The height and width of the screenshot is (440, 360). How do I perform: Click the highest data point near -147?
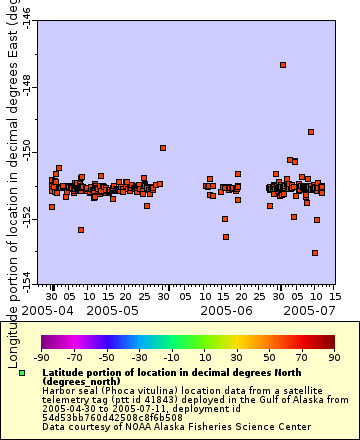point(283,65)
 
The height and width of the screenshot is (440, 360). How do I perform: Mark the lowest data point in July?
point(315,253)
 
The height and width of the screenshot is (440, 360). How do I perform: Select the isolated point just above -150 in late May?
point(163,148)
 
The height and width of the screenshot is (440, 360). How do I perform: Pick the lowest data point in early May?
point(81,230)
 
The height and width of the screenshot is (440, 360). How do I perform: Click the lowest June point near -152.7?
point(226,237)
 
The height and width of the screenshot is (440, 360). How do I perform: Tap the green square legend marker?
point(22,373)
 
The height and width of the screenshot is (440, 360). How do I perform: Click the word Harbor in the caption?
point(58,390)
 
